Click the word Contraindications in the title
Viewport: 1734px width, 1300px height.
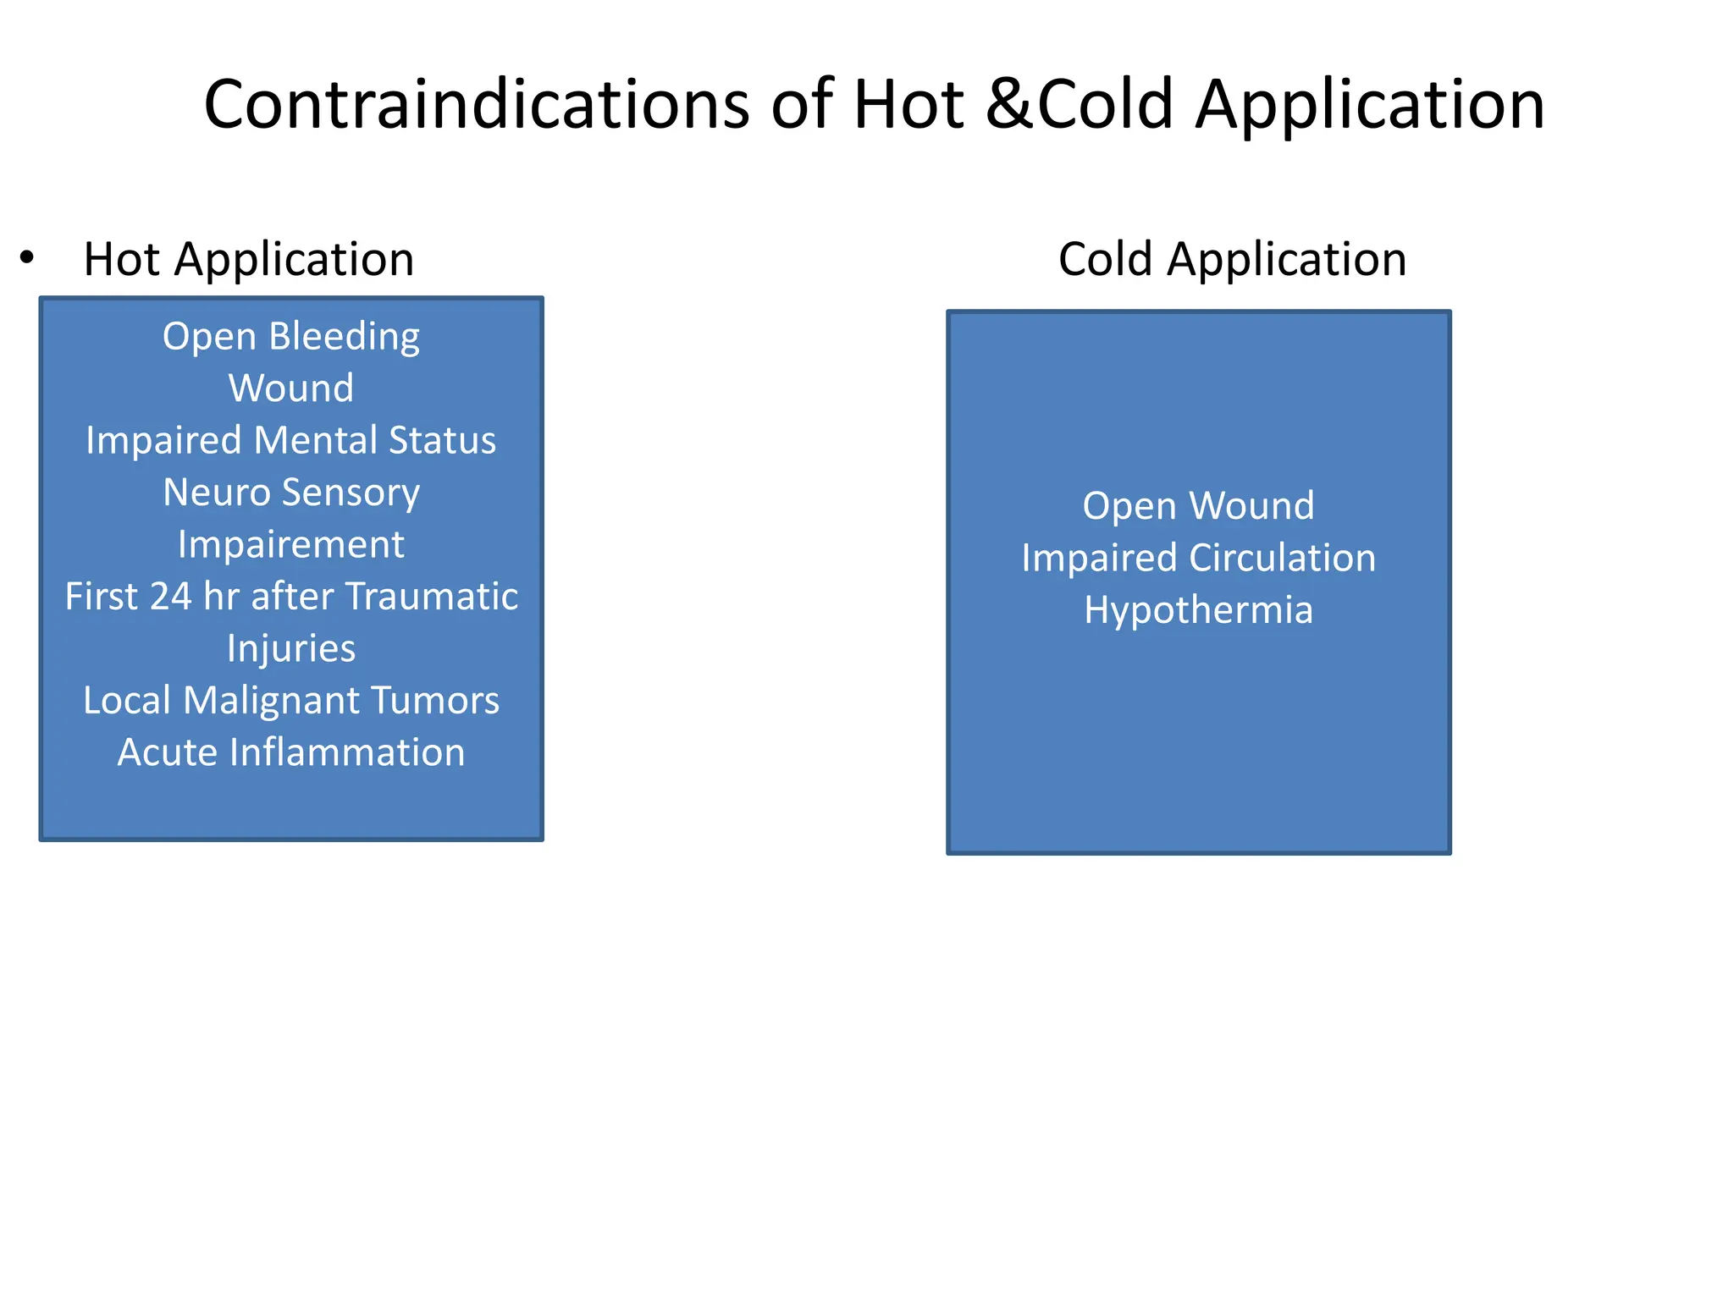coord(477,105)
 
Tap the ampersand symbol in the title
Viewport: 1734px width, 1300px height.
coord(1010,105)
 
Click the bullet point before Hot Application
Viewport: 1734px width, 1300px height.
coord(27,257)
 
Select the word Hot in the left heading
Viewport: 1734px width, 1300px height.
coord(122,259)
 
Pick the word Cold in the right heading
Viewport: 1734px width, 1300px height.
coord(1105,259)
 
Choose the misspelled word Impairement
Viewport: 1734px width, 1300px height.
coord(291,545)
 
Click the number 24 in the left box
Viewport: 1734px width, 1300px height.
coord(170,597)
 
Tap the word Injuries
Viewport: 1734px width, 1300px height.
coord(291,649)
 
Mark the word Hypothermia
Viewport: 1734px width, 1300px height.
coord(1198,611)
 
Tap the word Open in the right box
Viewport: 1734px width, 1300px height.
coord(1129,507)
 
